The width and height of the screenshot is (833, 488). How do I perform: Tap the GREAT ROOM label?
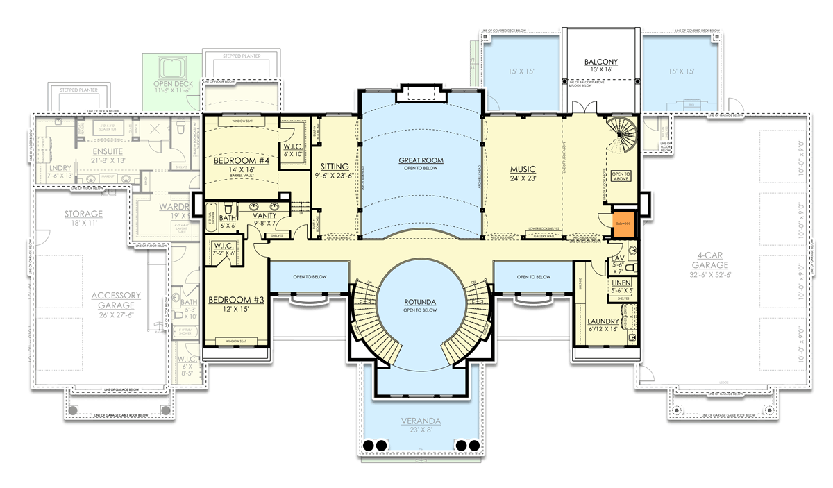tap(421, 160)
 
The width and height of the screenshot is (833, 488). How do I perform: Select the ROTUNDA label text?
tap(421, 302)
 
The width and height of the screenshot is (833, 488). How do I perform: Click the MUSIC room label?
tap(523, 169)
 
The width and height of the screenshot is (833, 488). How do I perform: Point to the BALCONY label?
tap(600, 62)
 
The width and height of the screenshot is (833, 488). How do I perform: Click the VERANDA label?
tap(421, 421)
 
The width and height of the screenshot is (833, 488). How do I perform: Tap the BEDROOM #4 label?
tap(237, 160)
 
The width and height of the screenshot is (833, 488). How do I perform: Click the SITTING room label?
tap(335, 167)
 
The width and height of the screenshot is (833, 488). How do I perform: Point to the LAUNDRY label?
tap(603, 321)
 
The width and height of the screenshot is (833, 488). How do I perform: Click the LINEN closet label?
tap(621, 283)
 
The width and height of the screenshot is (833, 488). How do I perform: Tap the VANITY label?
tap(265, 216)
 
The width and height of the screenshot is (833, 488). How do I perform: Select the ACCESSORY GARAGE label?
tap(116, 300)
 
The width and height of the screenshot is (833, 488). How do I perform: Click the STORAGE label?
tap(83, 214)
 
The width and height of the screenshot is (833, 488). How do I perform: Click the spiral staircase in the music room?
tap(619, 134)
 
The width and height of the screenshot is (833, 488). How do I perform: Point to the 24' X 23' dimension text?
tap(523, 178)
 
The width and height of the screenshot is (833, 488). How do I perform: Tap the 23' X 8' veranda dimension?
tap(421, 430)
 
